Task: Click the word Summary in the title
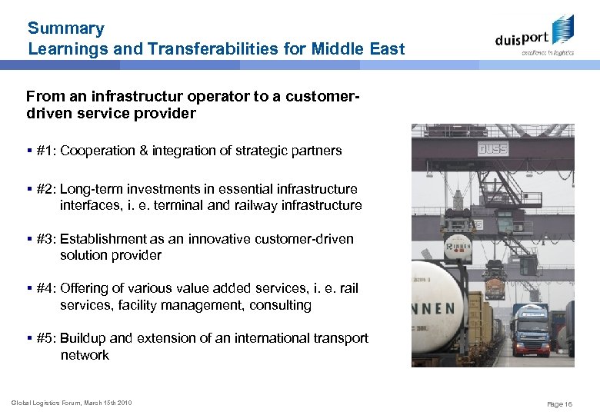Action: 65,29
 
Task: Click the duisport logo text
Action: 522,38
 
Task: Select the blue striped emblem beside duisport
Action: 563,28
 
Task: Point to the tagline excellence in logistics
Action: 547,53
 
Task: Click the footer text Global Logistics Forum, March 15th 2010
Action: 71,403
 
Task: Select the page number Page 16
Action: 559,403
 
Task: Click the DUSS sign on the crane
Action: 492,148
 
